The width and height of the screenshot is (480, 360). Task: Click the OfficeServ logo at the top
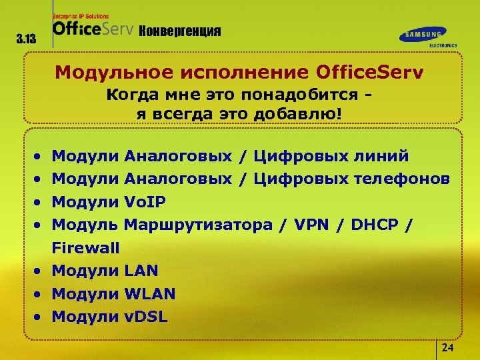[93, 29]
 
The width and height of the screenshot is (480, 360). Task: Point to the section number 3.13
[26, 39]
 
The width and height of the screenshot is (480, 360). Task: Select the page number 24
[448, 349]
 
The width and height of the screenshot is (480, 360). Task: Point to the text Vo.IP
[145, 202]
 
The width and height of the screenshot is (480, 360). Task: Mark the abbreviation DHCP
[377, 225]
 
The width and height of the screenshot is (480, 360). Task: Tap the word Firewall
[85, 248]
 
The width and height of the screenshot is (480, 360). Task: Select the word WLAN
[150, 293]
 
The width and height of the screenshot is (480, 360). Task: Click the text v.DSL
[145, 316]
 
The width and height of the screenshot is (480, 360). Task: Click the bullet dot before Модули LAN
[39, 271]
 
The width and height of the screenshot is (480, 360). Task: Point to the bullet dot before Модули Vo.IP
[39, 203]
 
